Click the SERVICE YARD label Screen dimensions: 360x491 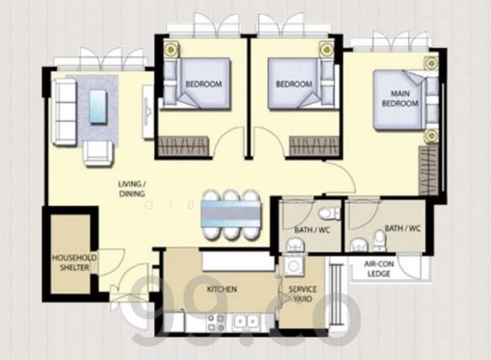[x=303, y=294]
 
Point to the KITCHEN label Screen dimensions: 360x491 [x=222, y=289]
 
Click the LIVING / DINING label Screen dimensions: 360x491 [x=133, y=189]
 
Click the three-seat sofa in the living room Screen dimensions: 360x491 [x=63, y=111]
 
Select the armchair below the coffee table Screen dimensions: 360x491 [x=98, y=152]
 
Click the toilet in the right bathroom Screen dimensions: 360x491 [x=379, y=240]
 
